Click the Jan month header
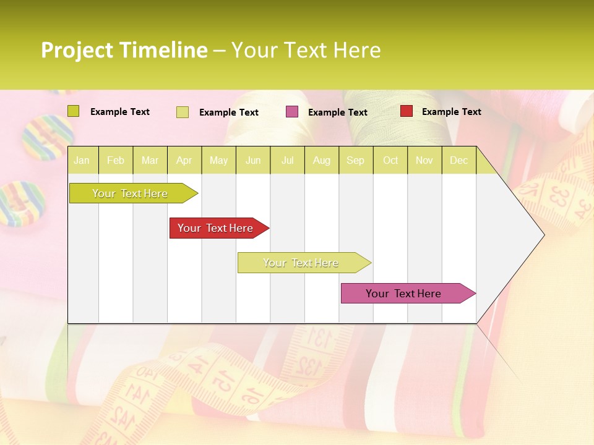[x=82, y=161]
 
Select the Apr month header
[x=184, y=161]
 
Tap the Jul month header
[x=287, y=161]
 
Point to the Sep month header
[x=355, y=161]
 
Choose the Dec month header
[x=458, y=161]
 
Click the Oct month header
[x=390, y=161]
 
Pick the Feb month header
[x=116, y=161]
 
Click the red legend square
[x=407, y=111]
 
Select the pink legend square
[x=292, y=112]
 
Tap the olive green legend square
[x=74, y=111]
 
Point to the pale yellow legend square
[x=183, y=112]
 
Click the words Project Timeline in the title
[x=124, y=50]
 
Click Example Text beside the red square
[x=451, y=112]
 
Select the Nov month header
[x=424, y=161]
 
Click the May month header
[x=218, y=161]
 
